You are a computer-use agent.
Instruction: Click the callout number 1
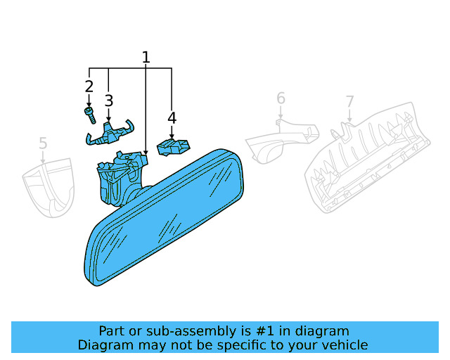(x=146, y=57)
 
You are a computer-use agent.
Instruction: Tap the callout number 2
(x=89, y=86)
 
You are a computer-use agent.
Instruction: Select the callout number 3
(x=109, y=101)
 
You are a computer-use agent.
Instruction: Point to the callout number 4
(x=172, y=117)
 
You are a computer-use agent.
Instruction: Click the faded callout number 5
(x=43, y=143)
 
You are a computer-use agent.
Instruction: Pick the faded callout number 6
(x=281, y=98)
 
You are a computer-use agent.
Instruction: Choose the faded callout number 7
(x=349, y=101)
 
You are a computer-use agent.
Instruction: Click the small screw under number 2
(x=90, y=115)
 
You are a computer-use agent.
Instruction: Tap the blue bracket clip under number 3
(x=110, y=133)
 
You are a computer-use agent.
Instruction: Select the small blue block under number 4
(x=173, y=147)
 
